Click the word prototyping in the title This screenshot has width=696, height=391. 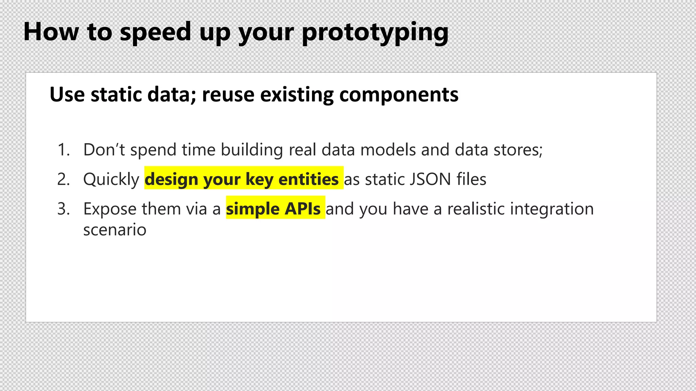point(375,33)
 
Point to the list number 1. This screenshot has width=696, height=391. point(63,150)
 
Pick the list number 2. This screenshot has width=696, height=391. point(63,179)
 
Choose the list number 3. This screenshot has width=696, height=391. point(63,209)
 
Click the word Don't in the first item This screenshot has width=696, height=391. point(104,150)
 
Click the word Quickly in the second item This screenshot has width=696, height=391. point(111,179)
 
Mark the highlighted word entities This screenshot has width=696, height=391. point(308,179)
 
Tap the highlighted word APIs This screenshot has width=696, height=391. point(302,209)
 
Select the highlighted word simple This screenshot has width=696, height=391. point(253,209)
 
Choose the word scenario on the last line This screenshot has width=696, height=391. point(115,230)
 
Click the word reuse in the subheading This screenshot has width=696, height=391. point(228,94)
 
